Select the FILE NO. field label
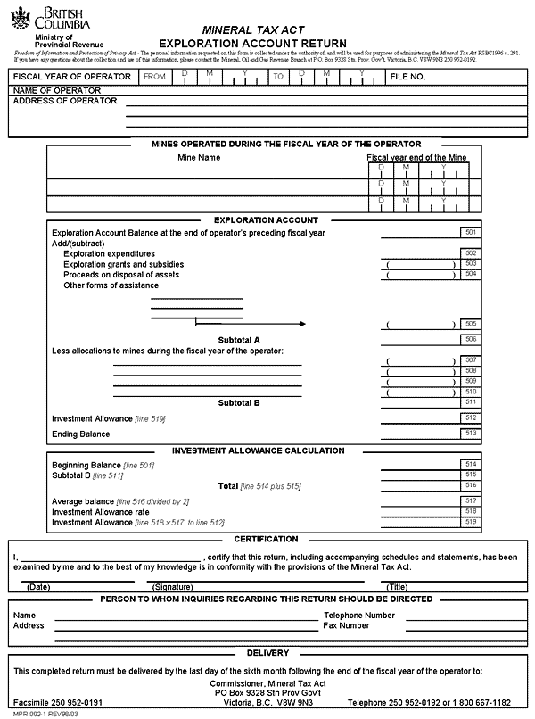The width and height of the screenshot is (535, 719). coord(407,78)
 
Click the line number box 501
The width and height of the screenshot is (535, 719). coord(471,233)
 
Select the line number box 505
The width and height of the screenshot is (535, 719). coord(471,324)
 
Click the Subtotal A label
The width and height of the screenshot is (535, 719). coord(239,340)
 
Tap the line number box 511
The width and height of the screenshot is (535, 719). coord(471,402)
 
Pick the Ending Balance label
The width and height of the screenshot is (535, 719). coord(81,434)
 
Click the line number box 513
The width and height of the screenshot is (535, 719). coord(471,434)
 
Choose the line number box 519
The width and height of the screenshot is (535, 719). coord(471,522)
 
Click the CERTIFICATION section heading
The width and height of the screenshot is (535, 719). coord(266,540)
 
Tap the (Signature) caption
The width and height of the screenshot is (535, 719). coord(172,587)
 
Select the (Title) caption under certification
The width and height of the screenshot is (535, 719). coord(397,587)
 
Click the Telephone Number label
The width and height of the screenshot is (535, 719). coord(359,616)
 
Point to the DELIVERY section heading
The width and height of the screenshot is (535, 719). coord(267,653)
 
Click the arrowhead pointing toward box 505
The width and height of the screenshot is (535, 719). coord(301,324)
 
